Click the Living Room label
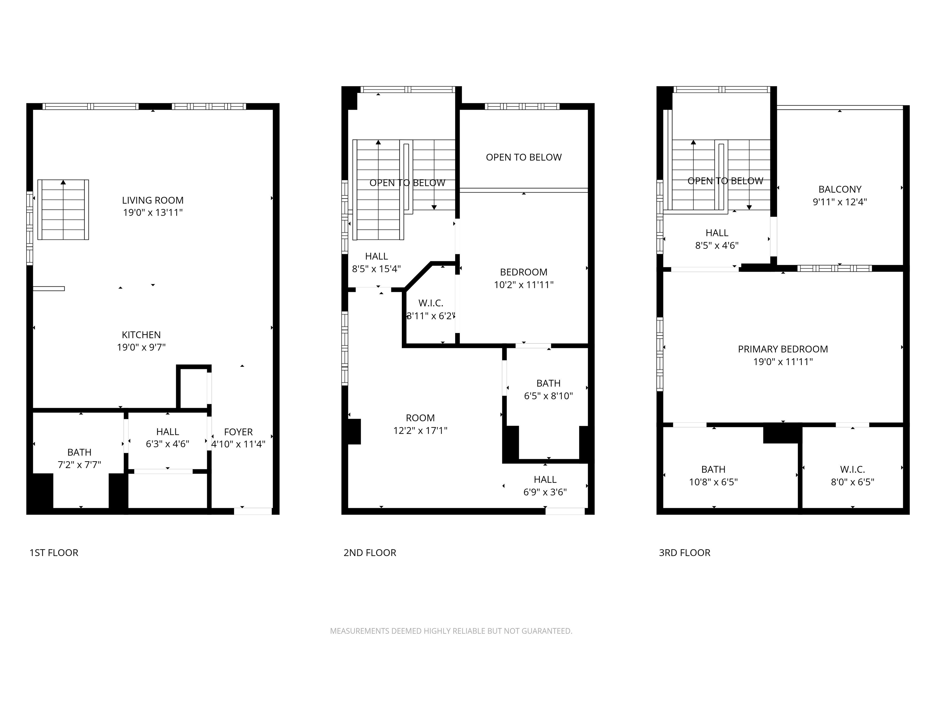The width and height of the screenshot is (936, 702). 153,200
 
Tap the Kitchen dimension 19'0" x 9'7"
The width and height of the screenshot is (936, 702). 141,347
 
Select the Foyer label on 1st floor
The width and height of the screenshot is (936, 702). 238,432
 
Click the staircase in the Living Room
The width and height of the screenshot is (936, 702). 63,210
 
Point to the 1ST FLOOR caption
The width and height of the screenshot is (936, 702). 54,553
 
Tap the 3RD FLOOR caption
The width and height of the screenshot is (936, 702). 685,553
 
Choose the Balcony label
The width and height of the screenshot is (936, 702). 840,190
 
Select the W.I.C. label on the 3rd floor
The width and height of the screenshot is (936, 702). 853,469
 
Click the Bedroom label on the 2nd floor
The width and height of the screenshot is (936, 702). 524,272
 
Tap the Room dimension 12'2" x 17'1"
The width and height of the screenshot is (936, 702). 420,430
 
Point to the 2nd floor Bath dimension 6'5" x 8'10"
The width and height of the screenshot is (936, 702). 548,396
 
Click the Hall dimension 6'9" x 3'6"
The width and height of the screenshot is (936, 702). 545,492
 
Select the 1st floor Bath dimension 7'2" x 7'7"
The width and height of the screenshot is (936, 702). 80,465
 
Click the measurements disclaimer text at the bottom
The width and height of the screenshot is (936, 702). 451,631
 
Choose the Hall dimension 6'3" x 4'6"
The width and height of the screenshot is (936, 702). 168,444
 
